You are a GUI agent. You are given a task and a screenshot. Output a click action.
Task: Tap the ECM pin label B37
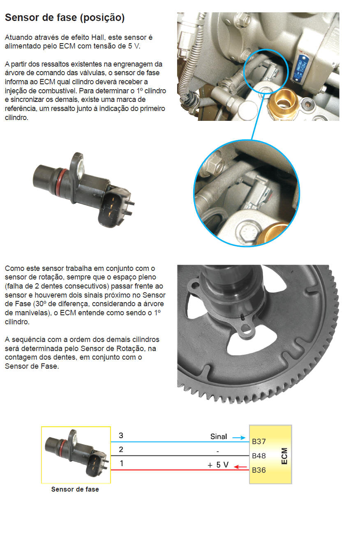(259, 441)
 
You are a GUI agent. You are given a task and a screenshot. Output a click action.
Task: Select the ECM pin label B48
(259, 456)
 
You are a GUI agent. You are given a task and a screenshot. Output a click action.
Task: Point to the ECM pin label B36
(259, 470)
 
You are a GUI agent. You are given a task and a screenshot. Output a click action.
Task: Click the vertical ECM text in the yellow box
(284, 456)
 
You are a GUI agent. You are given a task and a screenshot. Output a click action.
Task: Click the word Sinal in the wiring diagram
(218, 437)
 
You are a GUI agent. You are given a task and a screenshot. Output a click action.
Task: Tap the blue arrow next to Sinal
(239, 438)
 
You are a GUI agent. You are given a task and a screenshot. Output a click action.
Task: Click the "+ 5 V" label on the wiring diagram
(218, 465)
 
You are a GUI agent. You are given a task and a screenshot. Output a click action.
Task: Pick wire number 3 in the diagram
(121, 436)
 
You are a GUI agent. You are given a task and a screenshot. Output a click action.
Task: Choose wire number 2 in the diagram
(121, 449)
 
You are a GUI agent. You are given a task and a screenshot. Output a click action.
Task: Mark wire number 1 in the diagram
(122, 464)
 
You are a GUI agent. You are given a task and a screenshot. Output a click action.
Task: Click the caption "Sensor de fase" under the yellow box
(75, 489)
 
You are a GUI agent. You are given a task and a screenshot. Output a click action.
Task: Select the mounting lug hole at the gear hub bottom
(245, 328)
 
